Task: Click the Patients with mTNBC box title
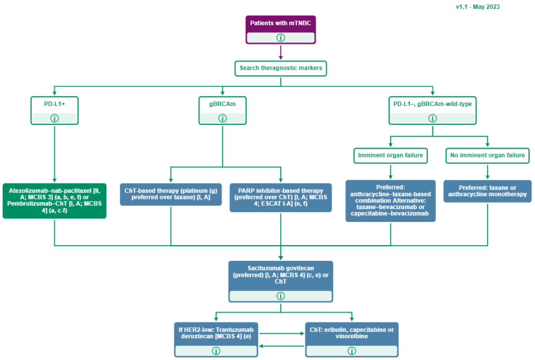(x=280, y=23)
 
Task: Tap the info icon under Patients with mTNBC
(x=280, y=38)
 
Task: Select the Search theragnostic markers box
(x=280, y=68)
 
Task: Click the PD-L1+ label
(x=54, y=104)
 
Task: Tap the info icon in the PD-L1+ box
(x=54, y=118)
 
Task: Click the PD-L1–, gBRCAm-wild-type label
(x=432, y=104)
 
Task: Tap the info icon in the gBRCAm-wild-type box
(x=432, y=118)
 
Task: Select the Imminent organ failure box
(x=390, y=155)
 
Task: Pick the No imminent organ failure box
(x=487, y=155)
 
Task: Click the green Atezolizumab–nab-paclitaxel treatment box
(x=54, y=201)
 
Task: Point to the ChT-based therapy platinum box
(x=170, y=194)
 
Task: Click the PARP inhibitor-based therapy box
(x=280, y=198)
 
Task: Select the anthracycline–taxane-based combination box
(x=390, y=201)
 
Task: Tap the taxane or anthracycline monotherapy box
(x=487, y=191)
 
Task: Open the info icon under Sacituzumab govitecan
(x=280, y=296)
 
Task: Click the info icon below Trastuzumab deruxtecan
(x=216, y=351)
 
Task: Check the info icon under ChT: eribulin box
(x=352, y=351)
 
